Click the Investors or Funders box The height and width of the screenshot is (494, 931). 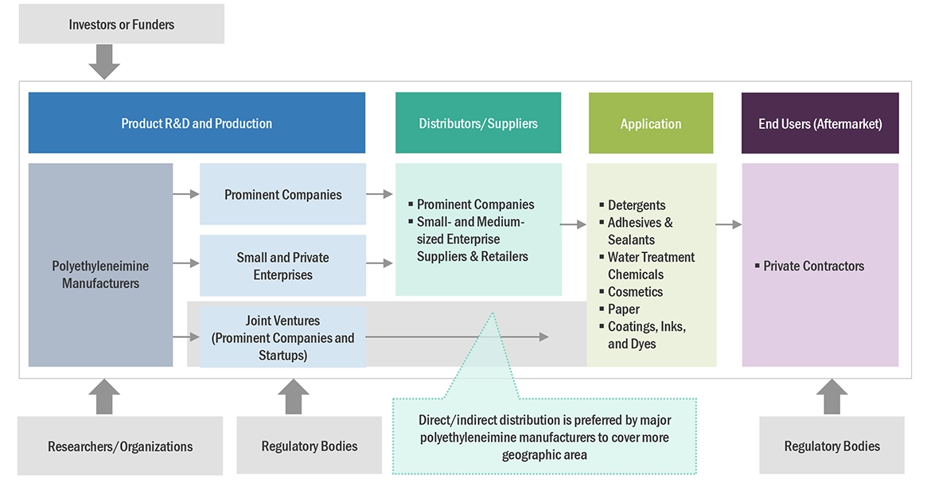[121, 25]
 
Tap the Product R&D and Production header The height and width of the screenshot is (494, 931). [197, 123]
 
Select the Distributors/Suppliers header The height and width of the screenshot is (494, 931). [478, 123]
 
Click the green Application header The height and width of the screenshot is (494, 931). [651, 123]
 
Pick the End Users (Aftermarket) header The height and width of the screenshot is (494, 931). [820, 123]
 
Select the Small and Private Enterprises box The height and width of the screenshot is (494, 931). [282, 266]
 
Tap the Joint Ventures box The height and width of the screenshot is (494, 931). [282, 337]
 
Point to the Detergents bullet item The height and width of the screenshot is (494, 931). [637, 205]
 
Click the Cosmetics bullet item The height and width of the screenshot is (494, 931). [635, 292]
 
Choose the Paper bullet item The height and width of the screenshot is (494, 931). [623, 309]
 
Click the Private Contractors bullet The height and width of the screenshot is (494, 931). [813, 266]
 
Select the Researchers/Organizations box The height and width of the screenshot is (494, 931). [120, 446]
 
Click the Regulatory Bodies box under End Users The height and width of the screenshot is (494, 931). [832, 446]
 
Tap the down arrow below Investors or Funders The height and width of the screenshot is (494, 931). [104, 61]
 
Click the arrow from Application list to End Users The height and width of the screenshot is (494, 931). [728, 225]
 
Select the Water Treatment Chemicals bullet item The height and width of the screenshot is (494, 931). [651, 266]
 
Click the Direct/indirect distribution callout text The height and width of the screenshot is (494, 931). [545, 438]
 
